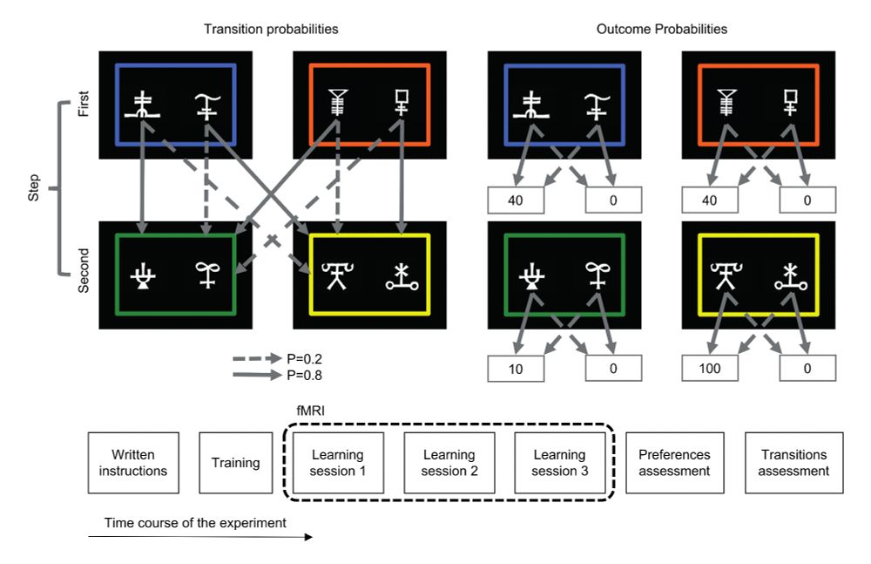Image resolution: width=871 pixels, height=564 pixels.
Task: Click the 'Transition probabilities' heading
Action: (271, 29)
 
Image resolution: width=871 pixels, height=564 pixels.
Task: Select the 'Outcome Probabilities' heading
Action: (662, 29)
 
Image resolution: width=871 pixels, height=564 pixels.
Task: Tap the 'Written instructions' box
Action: (133, 463)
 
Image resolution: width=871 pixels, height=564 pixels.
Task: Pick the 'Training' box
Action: (235, 463)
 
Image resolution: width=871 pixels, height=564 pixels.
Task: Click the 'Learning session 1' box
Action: (339, 463)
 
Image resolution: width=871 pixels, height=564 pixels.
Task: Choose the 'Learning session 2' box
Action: (449, 463)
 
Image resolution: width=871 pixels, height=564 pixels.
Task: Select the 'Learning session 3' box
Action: (560, 463)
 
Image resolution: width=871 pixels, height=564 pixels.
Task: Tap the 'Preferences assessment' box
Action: (674, 463)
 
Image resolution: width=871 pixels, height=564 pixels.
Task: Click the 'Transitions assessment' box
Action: (794, 463)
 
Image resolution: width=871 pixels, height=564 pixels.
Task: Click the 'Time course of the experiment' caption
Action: (196, 523)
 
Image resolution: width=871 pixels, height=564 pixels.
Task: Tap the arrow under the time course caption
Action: (200, 537)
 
